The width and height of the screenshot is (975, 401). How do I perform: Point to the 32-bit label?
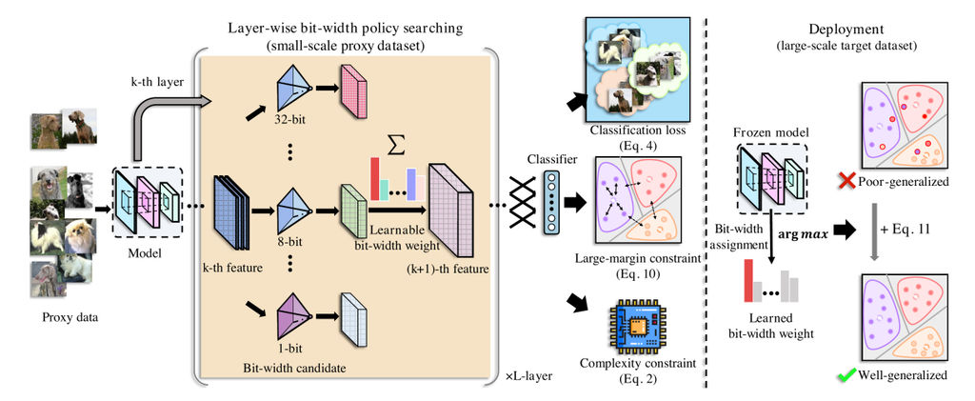[289, 123]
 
